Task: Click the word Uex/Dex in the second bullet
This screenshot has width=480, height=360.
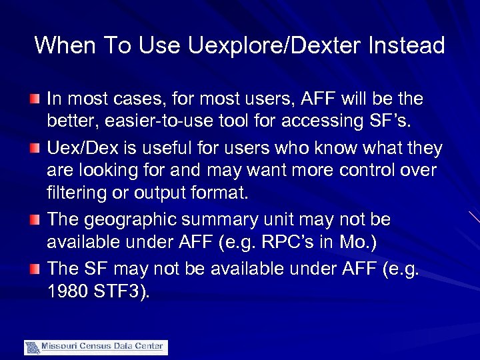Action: tap(80, 147)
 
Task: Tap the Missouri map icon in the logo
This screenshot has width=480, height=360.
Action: tap(32, 347)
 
